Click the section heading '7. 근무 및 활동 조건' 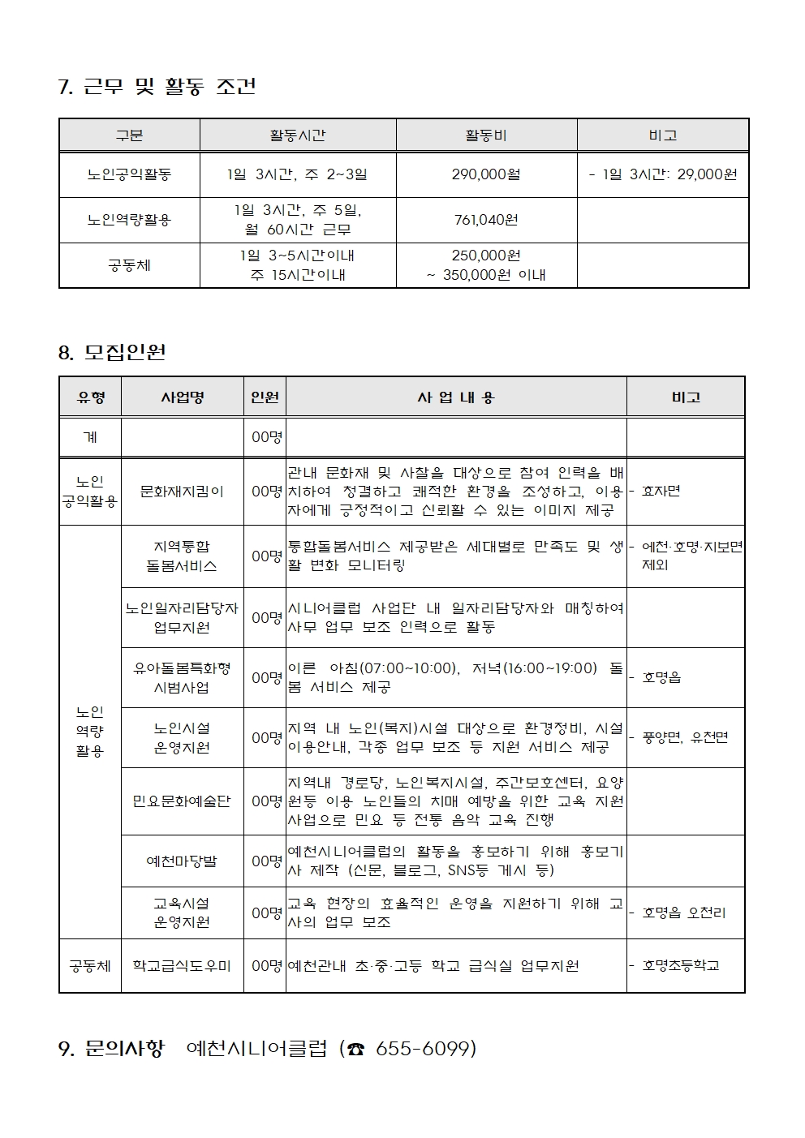click(157, 87)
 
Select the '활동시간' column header click(298, 135)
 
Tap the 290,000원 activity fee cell click(486, 174)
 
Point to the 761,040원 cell click(486, 220)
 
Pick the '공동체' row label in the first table click(129, 265)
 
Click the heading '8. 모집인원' click(112, 352)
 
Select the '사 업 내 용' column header click(455, 397)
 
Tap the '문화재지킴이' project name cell click(182, 492)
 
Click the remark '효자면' click(661, 492)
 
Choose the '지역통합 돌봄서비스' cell click(182, 556)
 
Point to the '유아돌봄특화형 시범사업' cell click(182, 677)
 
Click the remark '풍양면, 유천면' click(684, 737)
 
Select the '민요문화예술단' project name click(182, 801)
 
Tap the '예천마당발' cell click(182, 861)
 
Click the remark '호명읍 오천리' click(683, 913)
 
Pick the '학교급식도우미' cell click(182, 966)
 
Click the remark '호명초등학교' click(680, 966)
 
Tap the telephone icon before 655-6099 click(355, 1050)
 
